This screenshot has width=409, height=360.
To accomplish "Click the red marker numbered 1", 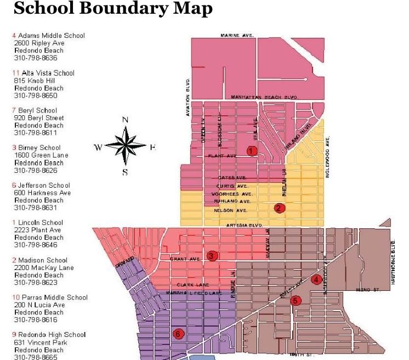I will pos(252,150).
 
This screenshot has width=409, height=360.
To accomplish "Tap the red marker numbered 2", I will pos(280,208).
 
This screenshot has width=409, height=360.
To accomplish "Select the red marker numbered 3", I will pos(212,256).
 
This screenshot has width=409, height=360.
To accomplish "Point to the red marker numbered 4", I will pos(316,279).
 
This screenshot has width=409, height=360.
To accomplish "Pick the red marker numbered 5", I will pos(296,300).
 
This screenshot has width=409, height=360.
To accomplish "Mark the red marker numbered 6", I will pos(177,333).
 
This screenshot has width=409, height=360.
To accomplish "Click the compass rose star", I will pos(126,146).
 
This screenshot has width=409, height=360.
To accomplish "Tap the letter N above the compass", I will pos(125,120).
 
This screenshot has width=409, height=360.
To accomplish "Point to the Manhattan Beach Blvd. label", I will pos(264,97).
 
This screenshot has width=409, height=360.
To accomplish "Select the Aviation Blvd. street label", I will pos(188,97).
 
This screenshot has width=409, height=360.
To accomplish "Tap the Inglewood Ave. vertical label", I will pos(328,156).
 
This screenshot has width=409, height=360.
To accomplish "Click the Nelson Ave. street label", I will pos(230,210).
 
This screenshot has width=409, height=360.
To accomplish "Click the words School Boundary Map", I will pos(112,9).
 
